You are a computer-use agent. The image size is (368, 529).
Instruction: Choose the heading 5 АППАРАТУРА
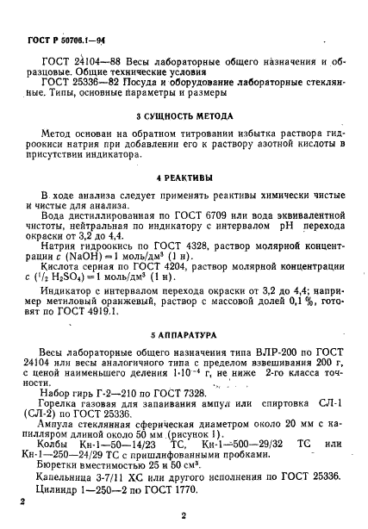(184, 333)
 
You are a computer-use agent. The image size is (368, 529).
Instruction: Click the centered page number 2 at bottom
(184, 517)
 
